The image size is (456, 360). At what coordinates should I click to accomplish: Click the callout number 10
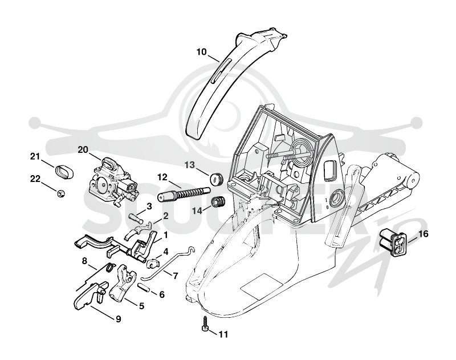[x=201, y=52]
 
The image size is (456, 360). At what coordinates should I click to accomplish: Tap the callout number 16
[x=423, y=234]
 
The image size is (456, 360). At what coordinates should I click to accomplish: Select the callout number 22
[x=35, y=179]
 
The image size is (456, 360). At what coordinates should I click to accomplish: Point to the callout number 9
[x=119, y=319]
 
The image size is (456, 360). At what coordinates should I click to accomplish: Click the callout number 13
[x=190, y=165]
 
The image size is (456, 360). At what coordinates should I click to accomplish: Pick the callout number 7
[x=175, y=276]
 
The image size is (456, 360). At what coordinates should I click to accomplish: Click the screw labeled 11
[x=205, y=323]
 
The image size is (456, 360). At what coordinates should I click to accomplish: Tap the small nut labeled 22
[x=60, y=193]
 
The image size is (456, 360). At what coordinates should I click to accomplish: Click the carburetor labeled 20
[x=112, y=182]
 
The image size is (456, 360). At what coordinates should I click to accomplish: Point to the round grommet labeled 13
[x=217, y=179]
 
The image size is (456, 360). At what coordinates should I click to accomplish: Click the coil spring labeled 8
[x=110, y=267]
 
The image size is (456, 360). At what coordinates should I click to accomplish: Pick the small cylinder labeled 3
[x=135, y=217]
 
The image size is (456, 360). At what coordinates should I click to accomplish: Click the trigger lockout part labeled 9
[x=90, y=296]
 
